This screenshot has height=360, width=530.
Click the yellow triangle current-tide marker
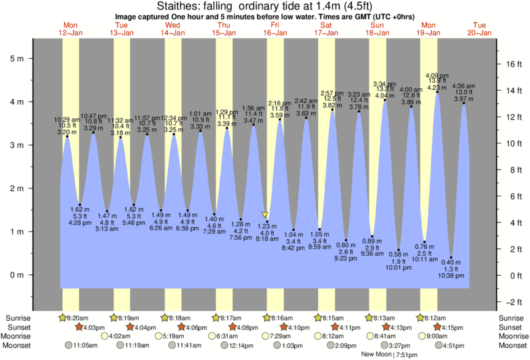click(x=266, y=215)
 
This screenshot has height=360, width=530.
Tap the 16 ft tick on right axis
click(x=506, y=64)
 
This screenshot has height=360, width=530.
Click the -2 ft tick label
click(x=511, y=301)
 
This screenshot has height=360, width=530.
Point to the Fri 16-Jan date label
click(x=274, y=29)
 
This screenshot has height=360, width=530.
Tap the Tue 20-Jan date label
click(x=479, y=29)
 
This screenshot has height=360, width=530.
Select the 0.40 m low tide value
click(x=452, y=262)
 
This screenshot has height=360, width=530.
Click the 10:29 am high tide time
click(x=67, y=119)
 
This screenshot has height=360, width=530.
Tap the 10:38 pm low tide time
click(x=452, y=275)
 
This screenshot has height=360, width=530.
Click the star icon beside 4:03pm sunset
click(x=80, y=327)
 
